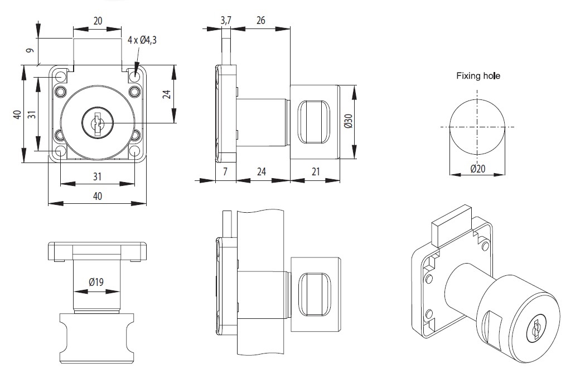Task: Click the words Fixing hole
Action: point(478,75)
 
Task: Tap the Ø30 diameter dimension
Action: point(348,122)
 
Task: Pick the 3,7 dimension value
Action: point(226,21)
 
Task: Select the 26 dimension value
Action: point(260,21)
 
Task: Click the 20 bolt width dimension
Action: point(98,21)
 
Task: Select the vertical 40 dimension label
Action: point(17,114)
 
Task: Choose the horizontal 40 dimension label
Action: point(98,196)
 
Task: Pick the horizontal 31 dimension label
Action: point(97,176)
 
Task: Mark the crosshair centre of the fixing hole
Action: point(478,127)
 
